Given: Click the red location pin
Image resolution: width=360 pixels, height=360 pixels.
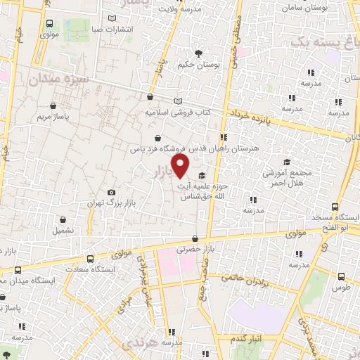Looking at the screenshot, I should [x=181, y=167].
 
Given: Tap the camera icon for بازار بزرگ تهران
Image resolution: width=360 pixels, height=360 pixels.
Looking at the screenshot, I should [x=110, y=192].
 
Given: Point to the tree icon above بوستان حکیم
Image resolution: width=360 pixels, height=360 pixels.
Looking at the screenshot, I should [x=199, y=53].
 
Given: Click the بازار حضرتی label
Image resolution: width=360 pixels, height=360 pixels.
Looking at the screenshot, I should [x=193, y=249].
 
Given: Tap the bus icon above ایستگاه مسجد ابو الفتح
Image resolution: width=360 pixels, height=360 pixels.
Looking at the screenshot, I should [x=335, y=208].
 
